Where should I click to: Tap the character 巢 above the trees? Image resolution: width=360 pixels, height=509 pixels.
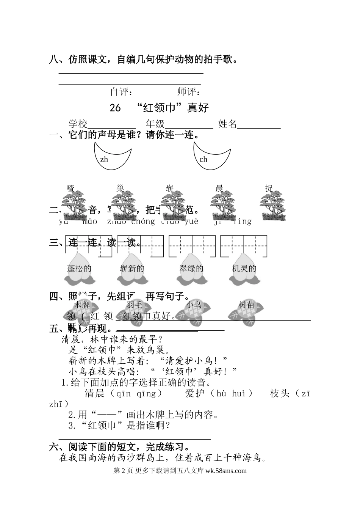120,189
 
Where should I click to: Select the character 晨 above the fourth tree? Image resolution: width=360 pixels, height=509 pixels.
219,189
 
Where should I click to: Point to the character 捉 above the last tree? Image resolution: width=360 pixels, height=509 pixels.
269,189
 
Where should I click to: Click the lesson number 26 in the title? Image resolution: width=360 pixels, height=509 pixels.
115,108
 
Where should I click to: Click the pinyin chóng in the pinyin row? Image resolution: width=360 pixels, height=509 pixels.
143,222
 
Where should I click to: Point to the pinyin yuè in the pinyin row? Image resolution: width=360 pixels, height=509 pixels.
191,222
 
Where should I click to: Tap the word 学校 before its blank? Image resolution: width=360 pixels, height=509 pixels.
78,124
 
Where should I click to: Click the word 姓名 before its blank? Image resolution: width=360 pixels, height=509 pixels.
227,124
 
